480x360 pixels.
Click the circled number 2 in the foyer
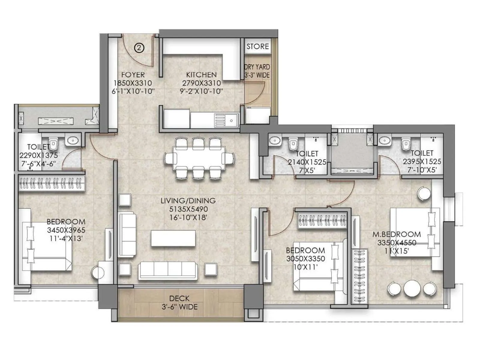point(139,48)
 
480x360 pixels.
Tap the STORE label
point(257,46)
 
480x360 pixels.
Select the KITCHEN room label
point(201,75)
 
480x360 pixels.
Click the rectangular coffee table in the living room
point(173,238)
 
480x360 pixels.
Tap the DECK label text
point(179,298)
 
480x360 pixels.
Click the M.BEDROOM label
point(397,234)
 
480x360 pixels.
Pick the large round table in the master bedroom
point(412,289)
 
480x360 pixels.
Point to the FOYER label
point(133,75)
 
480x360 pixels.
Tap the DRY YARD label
point(257,67)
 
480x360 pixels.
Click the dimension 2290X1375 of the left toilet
point(38,155)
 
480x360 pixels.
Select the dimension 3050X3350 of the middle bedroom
point(305,259)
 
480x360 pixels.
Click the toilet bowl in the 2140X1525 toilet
point(292,144)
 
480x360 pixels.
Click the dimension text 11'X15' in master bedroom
point(397,251)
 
